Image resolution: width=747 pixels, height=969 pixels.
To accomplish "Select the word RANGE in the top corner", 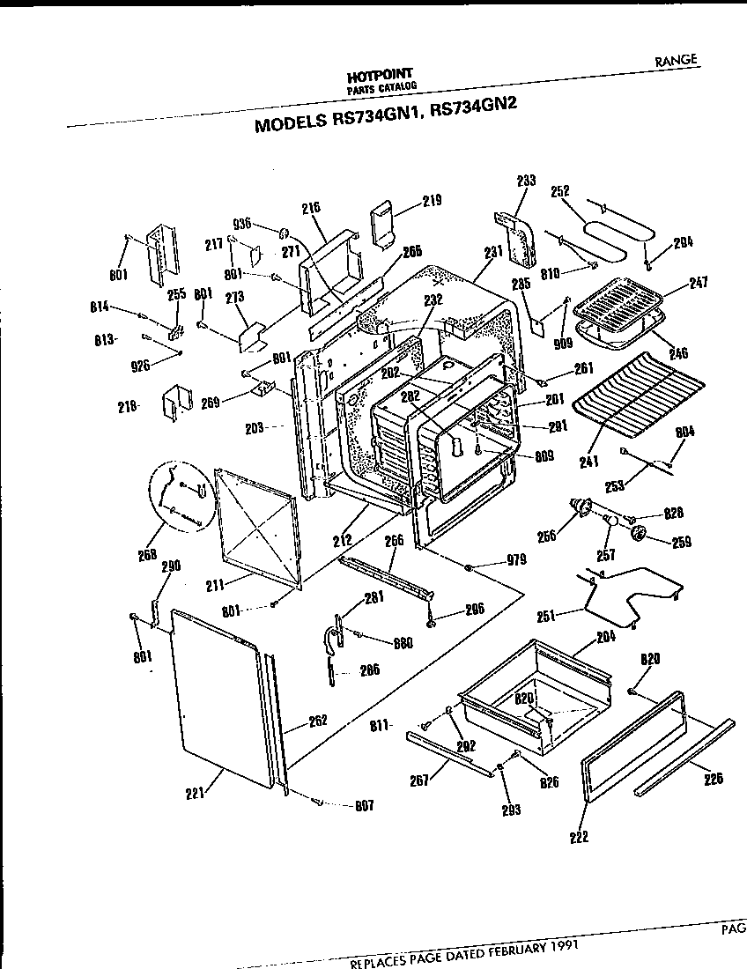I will (x=676, y=60).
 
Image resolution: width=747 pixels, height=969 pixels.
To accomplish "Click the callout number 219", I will (x=431, y=201).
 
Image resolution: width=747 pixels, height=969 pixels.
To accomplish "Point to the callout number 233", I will (x=526, y=181).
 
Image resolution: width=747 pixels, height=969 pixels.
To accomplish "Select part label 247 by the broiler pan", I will (x=698, y=282).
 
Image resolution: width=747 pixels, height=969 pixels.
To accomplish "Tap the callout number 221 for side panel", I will (x=196, y=793).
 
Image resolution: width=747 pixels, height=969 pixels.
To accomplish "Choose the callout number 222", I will (x=579, y=836).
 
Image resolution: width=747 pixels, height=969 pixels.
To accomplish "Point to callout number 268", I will (x=148, y=554).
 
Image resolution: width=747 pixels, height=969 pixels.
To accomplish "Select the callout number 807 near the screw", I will (x=365, y=805).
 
